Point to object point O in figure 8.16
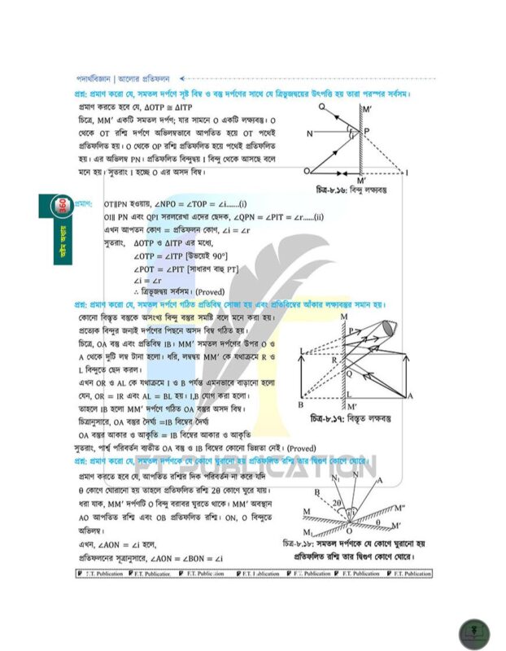307,172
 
